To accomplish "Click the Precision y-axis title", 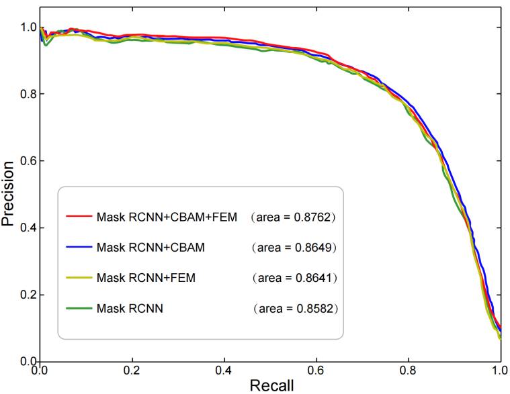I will pyautogui.click(x=9, y=193).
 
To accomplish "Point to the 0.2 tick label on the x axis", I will pyautogui.click(x=132, y=370).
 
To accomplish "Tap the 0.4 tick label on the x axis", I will pyautogui.click(x=224, y=370).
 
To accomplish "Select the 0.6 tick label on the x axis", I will pyautogui.click(x=316, y=370).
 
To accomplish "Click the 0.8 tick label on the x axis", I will pyautogui.click(x=408, y=370).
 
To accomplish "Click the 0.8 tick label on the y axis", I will pyautogui.click(x=28, y=94).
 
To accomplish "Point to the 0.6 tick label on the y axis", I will pyautogui.click(x=28, y=161).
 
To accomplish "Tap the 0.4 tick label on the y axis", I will pyautogui.click(x=28, y=228).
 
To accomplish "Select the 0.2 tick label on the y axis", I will pyautogui.click(x=28, y=295).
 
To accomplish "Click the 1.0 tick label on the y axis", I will pyautogui.click(x=28, y=27).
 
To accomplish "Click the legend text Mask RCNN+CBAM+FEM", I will pyautogui.click(x=167, y=217).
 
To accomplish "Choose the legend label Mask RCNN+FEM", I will pyautogui.click(x=146, y=277).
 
